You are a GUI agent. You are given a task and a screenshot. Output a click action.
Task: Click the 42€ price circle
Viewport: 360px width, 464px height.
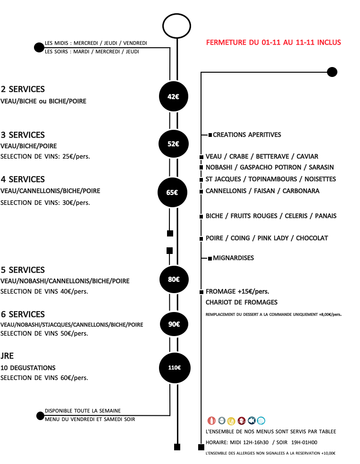(173, 96)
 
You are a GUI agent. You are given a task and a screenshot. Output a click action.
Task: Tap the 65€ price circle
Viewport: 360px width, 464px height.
(172, 192)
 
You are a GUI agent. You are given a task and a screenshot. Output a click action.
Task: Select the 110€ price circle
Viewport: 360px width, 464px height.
(175, 368)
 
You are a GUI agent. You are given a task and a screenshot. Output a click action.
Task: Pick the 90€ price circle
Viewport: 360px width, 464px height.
(174, 324)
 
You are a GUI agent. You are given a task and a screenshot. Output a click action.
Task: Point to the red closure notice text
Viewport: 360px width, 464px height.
(273, 42)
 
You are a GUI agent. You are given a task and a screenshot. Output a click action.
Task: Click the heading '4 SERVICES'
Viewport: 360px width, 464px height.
(23, 179)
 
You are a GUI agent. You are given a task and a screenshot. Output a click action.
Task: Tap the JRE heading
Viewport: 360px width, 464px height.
(7, 356)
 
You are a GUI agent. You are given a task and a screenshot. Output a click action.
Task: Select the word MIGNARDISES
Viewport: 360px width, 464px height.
(234, 258)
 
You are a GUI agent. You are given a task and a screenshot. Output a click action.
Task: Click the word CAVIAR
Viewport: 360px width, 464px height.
(307, 156)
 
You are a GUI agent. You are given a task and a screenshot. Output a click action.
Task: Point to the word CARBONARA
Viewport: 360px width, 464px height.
(301, 191)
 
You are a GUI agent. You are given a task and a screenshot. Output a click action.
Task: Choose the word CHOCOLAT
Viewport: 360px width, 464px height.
(312, 238)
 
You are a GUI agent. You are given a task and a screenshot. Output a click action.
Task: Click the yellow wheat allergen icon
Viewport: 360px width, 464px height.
(231, 421)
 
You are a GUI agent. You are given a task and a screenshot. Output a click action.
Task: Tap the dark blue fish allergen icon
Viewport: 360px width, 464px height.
(251, 420)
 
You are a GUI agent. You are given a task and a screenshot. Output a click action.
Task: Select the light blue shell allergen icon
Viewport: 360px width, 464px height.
(261, 421)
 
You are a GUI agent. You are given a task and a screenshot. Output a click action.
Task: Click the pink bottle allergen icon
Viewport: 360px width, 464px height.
(211, 421)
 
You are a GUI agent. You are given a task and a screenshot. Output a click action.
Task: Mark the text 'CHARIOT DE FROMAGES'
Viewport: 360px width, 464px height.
(242, 302)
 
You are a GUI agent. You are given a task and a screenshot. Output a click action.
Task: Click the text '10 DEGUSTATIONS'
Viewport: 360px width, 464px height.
(28, 368)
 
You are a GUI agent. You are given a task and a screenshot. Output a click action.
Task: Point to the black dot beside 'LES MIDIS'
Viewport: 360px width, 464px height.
(39, 47)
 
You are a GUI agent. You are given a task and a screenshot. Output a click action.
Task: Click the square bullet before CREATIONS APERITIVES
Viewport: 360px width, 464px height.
(210, 135)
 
